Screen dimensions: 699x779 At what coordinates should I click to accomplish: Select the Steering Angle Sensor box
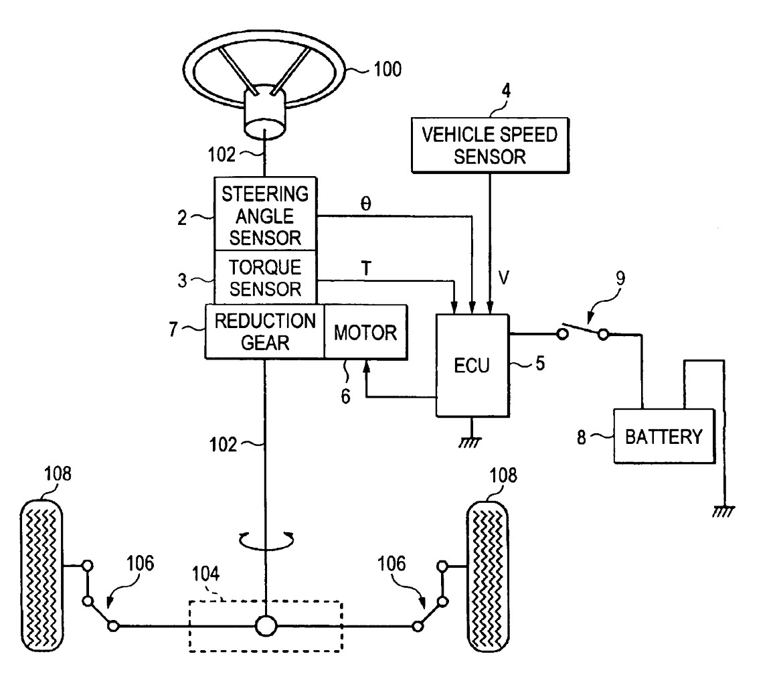coord(265,214)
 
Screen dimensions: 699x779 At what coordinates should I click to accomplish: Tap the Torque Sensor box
coord(265,277)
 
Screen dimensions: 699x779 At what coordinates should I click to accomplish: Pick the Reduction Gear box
coord(264,331)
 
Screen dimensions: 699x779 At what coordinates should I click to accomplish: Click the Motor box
coord(365,331)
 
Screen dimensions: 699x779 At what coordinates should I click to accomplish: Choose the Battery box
coord(663,437)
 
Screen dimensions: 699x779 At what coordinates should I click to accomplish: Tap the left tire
coord(42,566)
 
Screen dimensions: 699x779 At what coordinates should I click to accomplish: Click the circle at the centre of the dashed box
coord(266,626)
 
